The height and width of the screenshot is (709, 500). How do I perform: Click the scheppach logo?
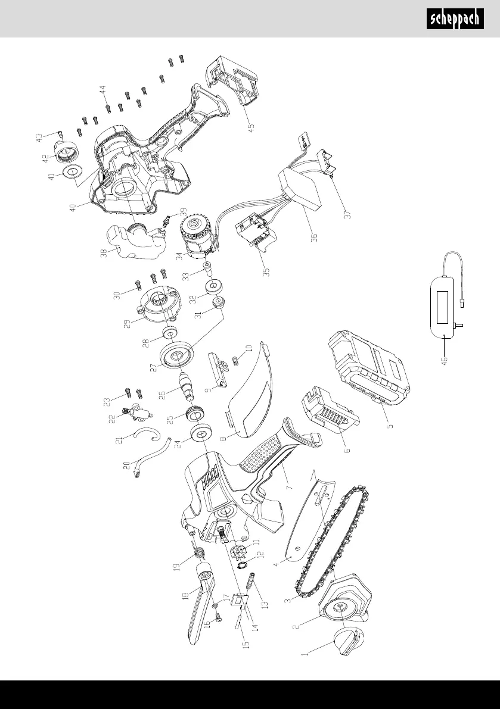pyautogui.click(x=455, y=20)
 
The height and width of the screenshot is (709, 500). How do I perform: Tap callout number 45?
pyautogui.click(x=251, y=126)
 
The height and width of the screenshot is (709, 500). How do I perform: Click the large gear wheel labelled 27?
pyautogui.click(x=177, y=355)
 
